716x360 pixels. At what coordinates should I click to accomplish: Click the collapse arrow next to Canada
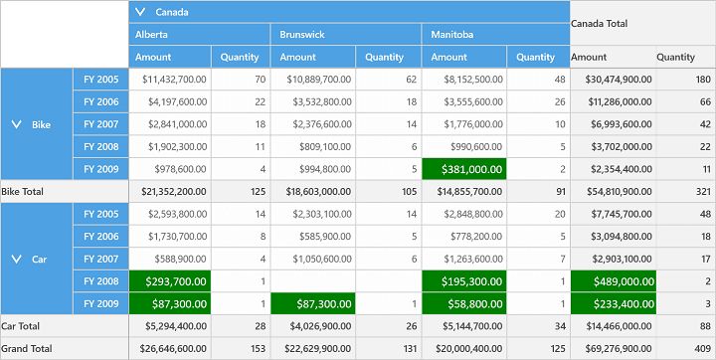[141, 12]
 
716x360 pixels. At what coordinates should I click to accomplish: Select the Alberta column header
[152, 35]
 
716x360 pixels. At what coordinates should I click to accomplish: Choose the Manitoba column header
[450, 35]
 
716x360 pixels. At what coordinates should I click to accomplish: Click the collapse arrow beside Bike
[16, 124]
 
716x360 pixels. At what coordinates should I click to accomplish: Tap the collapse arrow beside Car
[16, 259]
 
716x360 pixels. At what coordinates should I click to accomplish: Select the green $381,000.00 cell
[463, 169]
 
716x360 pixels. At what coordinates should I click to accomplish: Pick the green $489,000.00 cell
[613, 281]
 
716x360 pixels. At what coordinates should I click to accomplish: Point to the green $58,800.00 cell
[463, 303]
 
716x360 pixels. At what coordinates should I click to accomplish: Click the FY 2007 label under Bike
[100, 124]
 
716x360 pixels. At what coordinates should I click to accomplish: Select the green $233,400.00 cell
[613, 303]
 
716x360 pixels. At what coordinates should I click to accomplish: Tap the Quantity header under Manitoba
[536, 57]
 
